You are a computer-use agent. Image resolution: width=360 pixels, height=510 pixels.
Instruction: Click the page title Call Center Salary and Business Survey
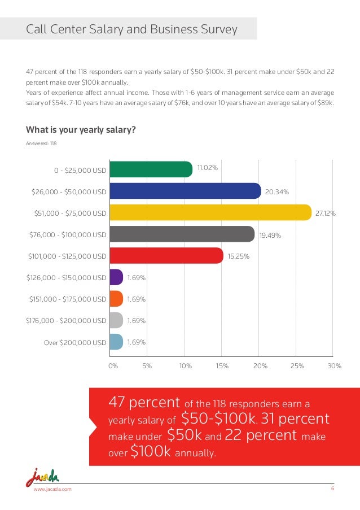(x=132, y=29)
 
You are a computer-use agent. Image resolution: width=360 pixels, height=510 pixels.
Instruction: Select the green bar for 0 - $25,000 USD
(x=151, y=169)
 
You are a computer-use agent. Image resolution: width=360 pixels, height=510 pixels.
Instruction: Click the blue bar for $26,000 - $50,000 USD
(x=185, y=191)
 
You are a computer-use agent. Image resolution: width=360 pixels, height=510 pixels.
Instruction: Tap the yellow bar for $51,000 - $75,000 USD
(x=210, y=212)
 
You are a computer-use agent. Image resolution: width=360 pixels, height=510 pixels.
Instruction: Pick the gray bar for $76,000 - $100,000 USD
(x=182, y=234)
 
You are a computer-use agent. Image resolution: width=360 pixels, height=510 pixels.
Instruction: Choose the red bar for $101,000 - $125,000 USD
(x=166, y=255)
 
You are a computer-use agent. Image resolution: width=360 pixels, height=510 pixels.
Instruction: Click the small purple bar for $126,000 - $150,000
(x=116, y=277)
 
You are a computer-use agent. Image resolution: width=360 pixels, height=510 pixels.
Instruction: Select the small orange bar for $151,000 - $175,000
(x=116, y=299)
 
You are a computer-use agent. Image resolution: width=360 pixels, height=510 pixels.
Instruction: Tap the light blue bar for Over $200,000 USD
(x=116, y=342)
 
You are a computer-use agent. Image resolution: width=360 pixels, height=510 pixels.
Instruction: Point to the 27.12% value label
(x=326, y=213)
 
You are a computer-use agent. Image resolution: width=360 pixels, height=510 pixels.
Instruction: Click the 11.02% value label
(x=208, y=167)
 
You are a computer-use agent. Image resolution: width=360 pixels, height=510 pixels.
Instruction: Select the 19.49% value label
(x=270, y=236)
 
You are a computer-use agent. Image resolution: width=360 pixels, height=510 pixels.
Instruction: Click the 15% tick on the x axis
(x=222, y=366)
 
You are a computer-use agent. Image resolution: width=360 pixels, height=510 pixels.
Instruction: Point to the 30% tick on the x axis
(x=335, y=366)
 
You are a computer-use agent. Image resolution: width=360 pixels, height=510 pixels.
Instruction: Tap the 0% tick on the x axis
(x=113, y=366)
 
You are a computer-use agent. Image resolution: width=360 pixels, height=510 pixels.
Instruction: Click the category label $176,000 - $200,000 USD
(x=66, y=321)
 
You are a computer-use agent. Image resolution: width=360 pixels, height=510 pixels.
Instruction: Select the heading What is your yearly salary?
(x=81, y=129)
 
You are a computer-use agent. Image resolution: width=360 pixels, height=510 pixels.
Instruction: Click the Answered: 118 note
(x=41, y=143)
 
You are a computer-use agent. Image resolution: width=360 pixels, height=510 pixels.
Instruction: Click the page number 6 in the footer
(x=332, y=489)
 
